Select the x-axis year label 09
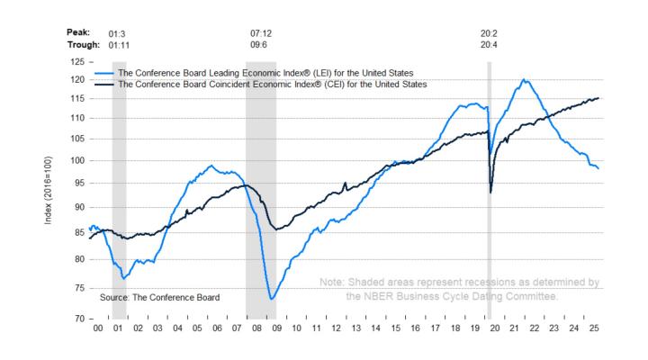point(276,330)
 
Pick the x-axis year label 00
point(98,330)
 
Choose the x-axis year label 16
point(415,330)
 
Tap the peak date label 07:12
point(261,33)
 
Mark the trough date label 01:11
point(120,45)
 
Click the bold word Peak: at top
point(79,33)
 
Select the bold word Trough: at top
point(84,45)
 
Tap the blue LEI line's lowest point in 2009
point(272,299)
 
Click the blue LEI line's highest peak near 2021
point(525,79)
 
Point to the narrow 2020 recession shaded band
point(489,225)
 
